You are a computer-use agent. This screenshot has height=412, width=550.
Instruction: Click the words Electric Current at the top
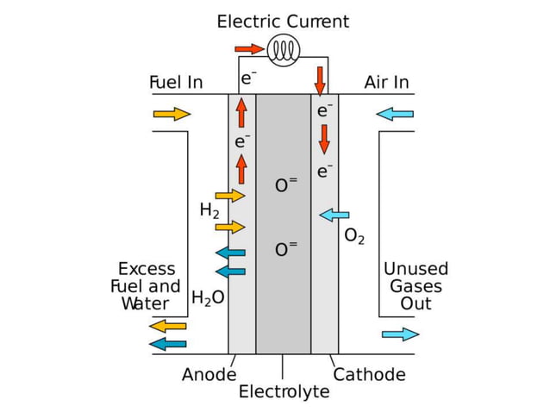pyautogui.click(x=283, y=22)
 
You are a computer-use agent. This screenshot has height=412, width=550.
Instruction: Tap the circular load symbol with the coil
pyautogui.click(x=282, y=51)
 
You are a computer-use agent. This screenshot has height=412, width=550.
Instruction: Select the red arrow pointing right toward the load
pyautogui.click(x=250, y=48)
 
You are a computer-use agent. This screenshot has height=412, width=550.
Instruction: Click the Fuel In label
pyautogui.click(x=176, y=83)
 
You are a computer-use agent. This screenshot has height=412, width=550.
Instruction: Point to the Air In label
pyautogui.click(x=386, y=83)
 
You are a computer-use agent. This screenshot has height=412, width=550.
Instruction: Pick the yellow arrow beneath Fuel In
pyautogui.click(x=172, y=114)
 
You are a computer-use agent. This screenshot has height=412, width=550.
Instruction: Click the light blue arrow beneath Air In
pyautogui.click(x=395, y=114)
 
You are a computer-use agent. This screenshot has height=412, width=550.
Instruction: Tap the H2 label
pyautogui.click(x=209, y=210)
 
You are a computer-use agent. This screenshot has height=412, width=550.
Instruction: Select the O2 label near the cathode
pyautogui.click(x=354, y=235)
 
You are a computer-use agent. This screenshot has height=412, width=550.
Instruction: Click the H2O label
pyautogui.click(x=208, y=298)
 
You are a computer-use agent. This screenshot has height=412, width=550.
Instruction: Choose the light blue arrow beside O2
pyautogui.click(x=334, y=214)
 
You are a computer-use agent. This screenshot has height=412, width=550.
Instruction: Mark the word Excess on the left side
pyautogui.click(x=147, y=269)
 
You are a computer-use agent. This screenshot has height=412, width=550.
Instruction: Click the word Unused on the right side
pyautogui.click(x=416, y=269)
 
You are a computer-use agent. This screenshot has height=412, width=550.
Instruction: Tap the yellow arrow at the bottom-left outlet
pyautogui.click(x=168, y=326)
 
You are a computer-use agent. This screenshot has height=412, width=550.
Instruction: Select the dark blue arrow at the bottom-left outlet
pyautogui.click(x=168, y=344)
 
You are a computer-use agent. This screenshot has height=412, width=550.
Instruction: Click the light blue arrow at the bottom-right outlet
pyautogui.click(x=400, y=334)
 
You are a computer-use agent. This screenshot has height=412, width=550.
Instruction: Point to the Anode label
pyautogui.click(x=209, y=375)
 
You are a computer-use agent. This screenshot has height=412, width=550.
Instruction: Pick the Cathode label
pyautogui.click(x=369, y=375)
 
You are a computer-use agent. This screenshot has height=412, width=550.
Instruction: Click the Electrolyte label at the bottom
pyautogui.click(x=284, y=392)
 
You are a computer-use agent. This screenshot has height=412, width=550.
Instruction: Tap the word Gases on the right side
pyautogui.click(x=416, y=286)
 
